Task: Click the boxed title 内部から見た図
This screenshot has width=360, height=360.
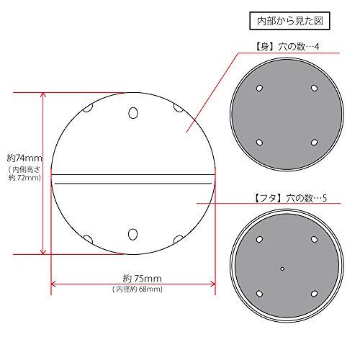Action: pos(289,21)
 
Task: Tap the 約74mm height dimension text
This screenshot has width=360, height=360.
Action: pos(24,158)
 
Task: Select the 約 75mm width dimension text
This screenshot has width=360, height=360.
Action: pos(143,279)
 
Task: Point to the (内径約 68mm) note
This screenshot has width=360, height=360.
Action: pos(138,289)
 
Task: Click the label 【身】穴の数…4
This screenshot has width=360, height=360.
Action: pos(287,47)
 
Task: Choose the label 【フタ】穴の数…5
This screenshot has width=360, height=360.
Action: pos(290,198)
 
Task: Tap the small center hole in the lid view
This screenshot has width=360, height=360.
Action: pos(282,269)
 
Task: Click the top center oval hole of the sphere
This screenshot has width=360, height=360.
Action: pos(133,113)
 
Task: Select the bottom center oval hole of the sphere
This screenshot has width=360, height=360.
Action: pos(132,234)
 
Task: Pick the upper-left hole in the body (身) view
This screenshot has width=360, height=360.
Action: pos(259,88)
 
